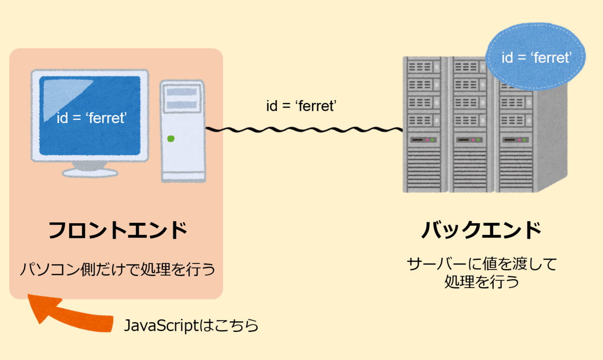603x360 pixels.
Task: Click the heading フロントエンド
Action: click(x=118, y=230)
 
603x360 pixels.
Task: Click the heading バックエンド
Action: click(x=481, y=230)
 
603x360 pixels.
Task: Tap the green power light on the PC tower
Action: click(x=171, y=139)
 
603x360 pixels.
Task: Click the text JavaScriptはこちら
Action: click(x=191, y=325)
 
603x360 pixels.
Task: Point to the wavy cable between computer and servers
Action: click(x=304, y=130)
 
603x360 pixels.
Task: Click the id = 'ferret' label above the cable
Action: click(x=301, y=106)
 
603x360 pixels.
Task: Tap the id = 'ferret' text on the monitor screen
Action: click(x=91, y=118)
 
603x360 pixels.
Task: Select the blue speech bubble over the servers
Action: click(x=536, y=56)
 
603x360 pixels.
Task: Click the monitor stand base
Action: click(x=90, y=173)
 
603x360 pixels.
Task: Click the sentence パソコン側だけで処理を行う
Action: click(x=118, y=269)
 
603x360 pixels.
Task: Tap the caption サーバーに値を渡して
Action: click(x=482, y=264)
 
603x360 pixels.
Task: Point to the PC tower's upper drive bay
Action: click(x=182, y=92)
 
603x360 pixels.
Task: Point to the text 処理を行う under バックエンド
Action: click(x=482, y=282)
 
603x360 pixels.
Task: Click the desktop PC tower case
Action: click(x=183, y=131)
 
